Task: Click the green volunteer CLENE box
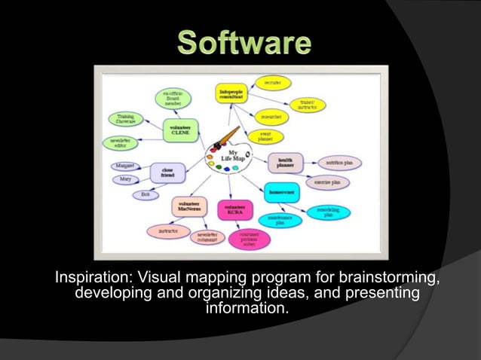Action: click(181, 129)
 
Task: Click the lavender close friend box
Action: click(167, 172)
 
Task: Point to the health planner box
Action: click(286, 163)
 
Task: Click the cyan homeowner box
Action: click(281, 193)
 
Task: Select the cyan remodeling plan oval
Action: click(326, 212)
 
